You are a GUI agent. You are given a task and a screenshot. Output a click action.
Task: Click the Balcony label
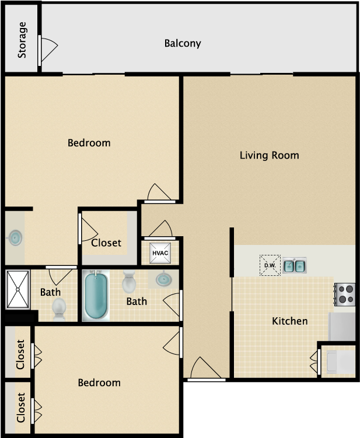(183, 43)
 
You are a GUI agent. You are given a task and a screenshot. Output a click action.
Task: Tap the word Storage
(22, 40)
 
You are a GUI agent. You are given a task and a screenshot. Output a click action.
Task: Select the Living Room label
(269, 155)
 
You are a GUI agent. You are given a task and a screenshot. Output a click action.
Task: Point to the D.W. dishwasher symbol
(270, 265)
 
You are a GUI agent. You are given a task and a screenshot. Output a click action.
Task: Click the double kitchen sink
(295, 266)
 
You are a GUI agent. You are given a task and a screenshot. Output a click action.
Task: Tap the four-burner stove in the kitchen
(344, 294)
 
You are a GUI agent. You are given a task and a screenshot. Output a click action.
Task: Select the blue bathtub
(95, 296)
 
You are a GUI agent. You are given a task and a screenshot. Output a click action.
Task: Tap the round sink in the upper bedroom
(15, 237)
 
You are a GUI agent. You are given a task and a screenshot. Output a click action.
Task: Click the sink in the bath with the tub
(164, 280)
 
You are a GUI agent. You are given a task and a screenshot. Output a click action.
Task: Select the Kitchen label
(289, 321)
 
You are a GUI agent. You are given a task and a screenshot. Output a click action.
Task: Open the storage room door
(47, 51)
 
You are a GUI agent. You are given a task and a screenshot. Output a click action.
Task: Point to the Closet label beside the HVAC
(106, 243)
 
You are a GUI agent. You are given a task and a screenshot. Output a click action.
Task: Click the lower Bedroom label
(99, 383)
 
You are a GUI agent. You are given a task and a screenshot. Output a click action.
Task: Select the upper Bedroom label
(89, 143)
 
